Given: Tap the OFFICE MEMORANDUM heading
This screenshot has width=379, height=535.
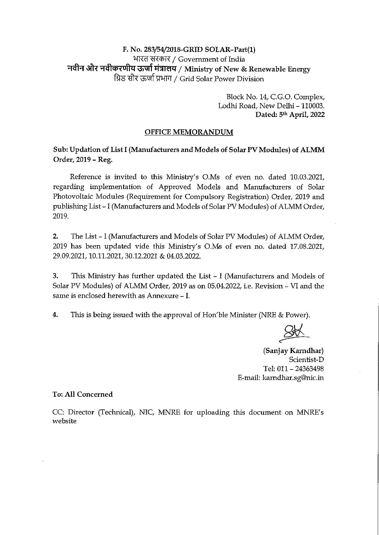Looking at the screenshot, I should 189,132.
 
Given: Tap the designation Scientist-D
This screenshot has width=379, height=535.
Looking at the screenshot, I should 306,360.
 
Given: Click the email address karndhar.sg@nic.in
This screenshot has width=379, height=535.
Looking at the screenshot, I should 293,378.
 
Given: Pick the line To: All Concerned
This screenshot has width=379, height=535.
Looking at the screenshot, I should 82,394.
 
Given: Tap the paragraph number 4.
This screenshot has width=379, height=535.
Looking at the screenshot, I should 55,315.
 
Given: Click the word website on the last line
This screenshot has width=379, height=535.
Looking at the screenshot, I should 64,421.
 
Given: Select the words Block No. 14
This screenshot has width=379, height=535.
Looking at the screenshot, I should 246,97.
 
